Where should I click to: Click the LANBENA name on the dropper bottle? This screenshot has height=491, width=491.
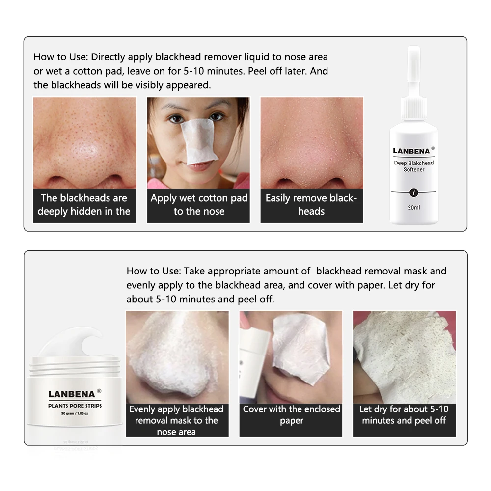point(411,151)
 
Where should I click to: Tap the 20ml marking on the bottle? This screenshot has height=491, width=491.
point(413,207)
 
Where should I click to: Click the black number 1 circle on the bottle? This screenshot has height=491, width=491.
point(413,192)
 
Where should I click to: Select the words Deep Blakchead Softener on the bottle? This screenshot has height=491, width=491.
point(413,166)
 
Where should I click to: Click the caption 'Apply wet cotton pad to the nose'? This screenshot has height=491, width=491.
point(199,204)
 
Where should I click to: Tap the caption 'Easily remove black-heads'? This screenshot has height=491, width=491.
point(311,204)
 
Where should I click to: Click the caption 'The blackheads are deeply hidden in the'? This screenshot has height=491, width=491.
point(84,204)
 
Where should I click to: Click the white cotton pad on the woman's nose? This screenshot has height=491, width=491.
point(198,140)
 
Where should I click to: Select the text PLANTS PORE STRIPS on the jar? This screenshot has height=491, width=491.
point(75,406)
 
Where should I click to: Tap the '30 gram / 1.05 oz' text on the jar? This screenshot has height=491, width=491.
point(75,413)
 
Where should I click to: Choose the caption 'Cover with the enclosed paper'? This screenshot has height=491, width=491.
point(291,414)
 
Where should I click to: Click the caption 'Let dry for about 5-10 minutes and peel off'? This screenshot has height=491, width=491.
point(404,414)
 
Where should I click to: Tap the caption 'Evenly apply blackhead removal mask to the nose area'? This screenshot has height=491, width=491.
point(176,420)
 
